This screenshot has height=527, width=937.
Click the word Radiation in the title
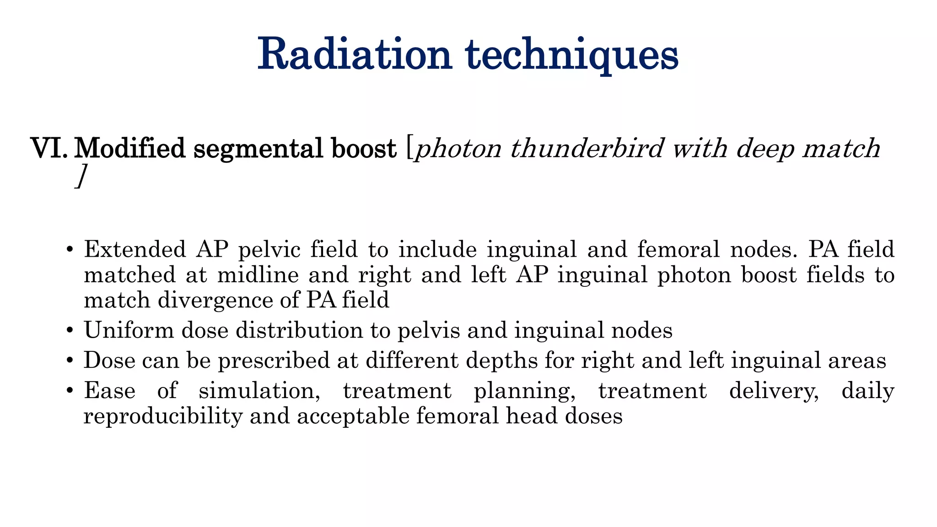(x=355, y=55)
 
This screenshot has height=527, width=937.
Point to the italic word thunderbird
(x=587, y=149)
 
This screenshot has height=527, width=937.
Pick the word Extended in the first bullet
(x=135, y=250)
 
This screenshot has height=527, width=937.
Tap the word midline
(x=258, y=275)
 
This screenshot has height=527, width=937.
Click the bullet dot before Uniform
(x=70, y=331)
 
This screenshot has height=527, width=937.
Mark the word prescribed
(x=274, y=361)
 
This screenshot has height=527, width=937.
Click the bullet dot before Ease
(x=70, y=391)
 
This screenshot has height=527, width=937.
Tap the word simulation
(x=259, y=392)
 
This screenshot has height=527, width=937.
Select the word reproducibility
(x=163, y=417)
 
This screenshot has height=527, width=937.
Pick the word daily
(x=867, y=392)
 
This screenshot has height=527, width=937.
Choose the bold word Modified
(x=130, y=149)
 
